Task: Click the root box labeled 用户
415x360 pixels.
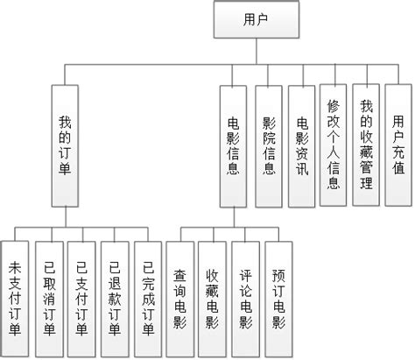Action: [254, 19]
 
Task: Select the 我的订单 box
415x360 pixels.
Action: [65, 145]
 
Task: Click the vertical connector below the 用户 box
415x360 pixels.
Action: [254, 50]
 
